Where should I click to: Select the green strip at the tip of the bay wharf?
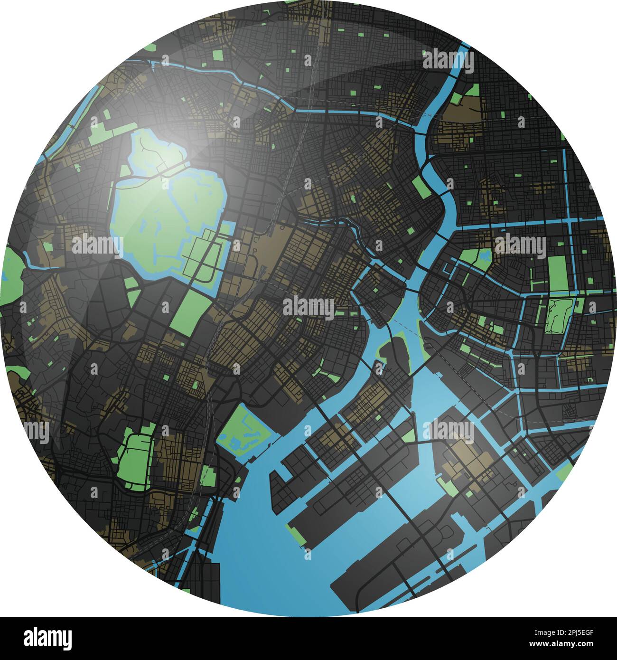click(297, 534)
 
